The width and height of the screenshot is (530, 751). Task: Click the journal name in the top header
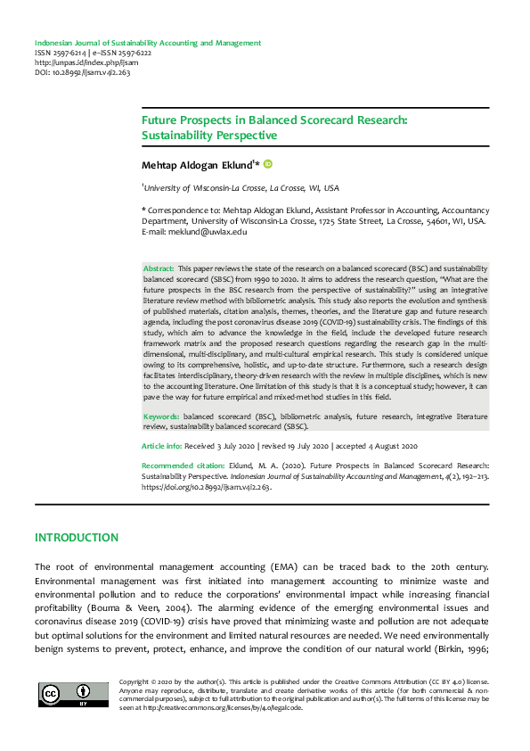point(147,43)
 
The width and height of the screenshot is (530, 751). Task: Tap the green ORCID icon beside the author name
point(266,164)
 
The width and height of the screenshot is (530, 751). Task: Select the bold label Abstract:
point(159,268)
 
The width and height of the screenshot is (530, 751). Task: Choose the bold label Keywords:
point(162,417)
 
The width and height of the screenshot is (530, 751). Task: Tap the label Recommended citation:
point(186,466)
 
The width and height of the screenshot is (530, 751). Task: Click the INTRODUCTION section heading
point(76,538)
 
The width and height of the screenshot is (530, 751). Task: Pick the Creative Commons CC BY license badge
point(65,693)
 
